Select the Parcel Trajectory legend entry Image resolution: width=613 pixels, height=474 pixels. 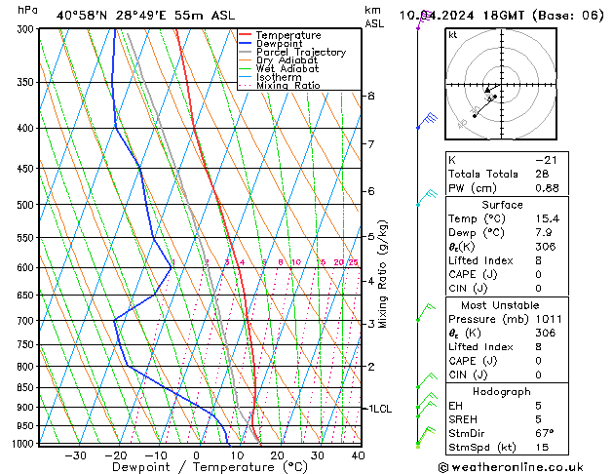tap(300, 53)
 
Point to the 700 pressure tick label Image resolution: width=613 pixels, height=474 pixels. tap(26, 321)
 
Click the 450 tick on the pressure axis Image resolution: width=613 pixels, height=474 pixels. tap(26, 169)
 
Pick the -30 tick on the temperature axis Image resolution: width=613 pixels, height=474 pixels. tap(75, 455)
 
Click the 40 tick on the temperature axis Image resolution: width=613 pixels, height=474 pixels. tap(359, 455)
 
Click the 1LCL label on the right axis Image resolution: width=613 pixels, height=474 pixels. tap(378, 409)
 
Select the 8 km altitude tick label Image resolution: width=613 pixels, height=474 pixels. tap(371, 96)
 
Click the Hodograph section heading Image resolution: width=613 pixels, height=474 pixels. tap(503, 391)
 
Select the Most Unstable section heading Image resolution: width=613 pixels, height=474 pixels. tap(503, 304)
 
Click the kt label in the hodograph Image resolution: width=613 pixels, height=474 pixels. tap(453, 35)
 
